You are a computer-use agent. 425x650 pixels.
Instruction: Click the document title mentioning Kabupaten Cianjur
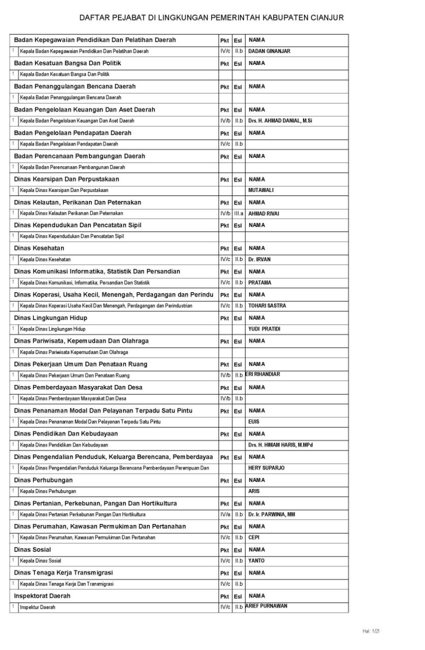click(x=211, y=18)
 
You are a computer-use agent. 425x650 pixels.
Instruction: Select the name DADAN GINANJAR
click(x=269, y=51)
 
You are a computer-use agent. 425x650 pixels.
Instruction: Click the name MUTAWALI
click(x=261, y=190)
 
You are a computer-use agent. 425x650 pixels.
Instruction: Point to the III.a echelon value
click(x=238, y=214)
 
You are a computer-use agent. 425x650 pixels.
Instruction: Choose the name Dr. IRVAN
click(x=259, y=259)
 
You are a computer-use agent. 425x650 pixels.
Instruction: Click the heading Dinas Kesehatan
click(x=39, y=248)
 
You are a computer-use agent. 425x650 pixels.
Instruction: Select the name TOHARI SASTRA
click(x=267, y=306)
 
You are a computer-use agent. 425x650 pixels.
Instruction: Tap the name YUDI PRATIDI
click(x=264, y=329)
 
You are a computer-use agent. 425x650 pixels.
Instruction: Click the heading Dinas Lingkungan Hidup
click(x=50, y=318)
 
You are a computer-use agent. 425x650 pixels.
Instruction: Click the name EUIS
click(x=254, y=422)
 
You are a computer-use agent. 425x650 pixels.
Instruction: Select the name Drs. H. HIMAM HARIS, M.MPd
click(x=280, y=445)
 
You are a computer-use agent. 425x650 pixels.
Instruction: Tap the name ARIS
click(x=254, y=492)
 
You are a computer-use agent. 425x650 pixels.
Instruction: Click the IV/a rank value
click(x=225, y=514)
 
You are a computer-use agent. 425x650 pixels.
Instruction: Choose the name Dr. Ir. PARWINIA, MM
click(x=271, y=514)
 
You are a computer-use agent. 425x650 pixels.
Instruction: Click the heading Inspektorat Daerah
click(x=42, y=596)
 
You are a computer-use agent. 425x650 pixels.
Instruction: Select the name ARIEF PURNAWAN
click(x=266, y=606)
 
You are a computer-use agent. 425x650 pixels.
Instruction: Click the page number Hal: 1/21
click(x=371, y=631)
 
